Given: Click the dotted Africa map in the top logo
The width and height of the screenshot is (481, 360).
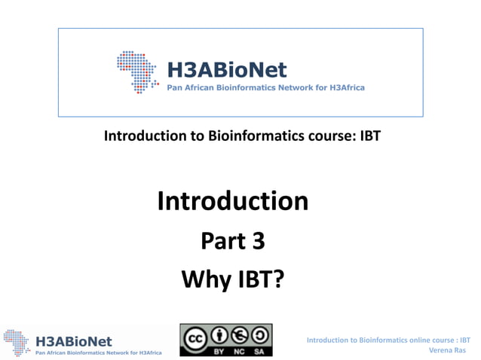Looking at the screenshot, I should pos(137,72).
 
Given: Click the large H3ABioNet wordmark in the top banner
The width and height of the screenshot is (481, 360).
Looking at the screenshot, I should pos(227,69).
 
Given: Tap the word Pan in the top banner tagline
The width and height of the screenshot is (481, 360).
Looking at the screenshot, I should pos(175,87).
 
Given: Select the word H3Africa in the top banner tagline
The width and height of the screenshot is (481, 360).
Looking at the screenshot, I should pos(344,87).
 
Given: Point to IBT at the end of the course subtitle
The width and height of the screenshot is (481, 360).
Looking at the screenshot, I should pos(363,136).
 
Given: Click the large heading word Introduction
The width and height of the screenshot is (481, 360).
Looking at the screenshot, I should pos(232,200).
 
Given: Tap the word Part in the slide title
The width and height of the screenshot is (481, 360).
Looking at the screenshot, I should pos(219,240).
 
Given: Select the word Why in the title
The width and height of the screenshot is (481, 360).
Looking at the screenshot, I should pos(204,279).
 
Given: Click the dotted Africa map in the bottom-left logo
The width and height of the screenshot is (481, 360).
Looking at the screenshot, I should pos(17,342).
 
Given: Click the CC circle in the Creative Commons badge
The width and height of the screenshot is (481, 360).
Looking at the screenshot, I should pos(195,335).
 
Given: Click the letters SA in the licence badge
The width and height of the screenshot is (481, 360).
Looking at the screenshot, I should pos(259,350).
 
